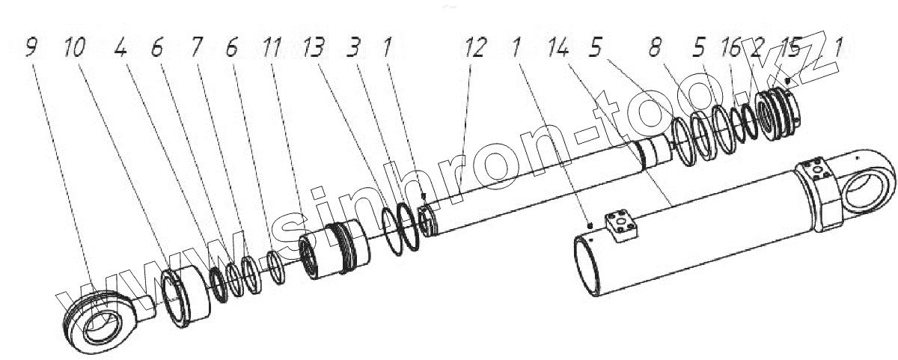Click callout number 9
pos(30,49)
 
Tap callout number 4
pos(121,49)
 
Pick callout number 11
pos(272,49)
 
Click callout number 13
pos(314,49)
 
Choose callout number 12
pos(475,49)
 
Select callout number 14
pos(558,49)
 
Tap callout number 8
pos(655,49)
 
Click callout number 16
pos(731,49)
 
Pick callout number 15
pos(790,49)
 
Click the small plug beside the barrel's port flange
pos(590,224)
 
